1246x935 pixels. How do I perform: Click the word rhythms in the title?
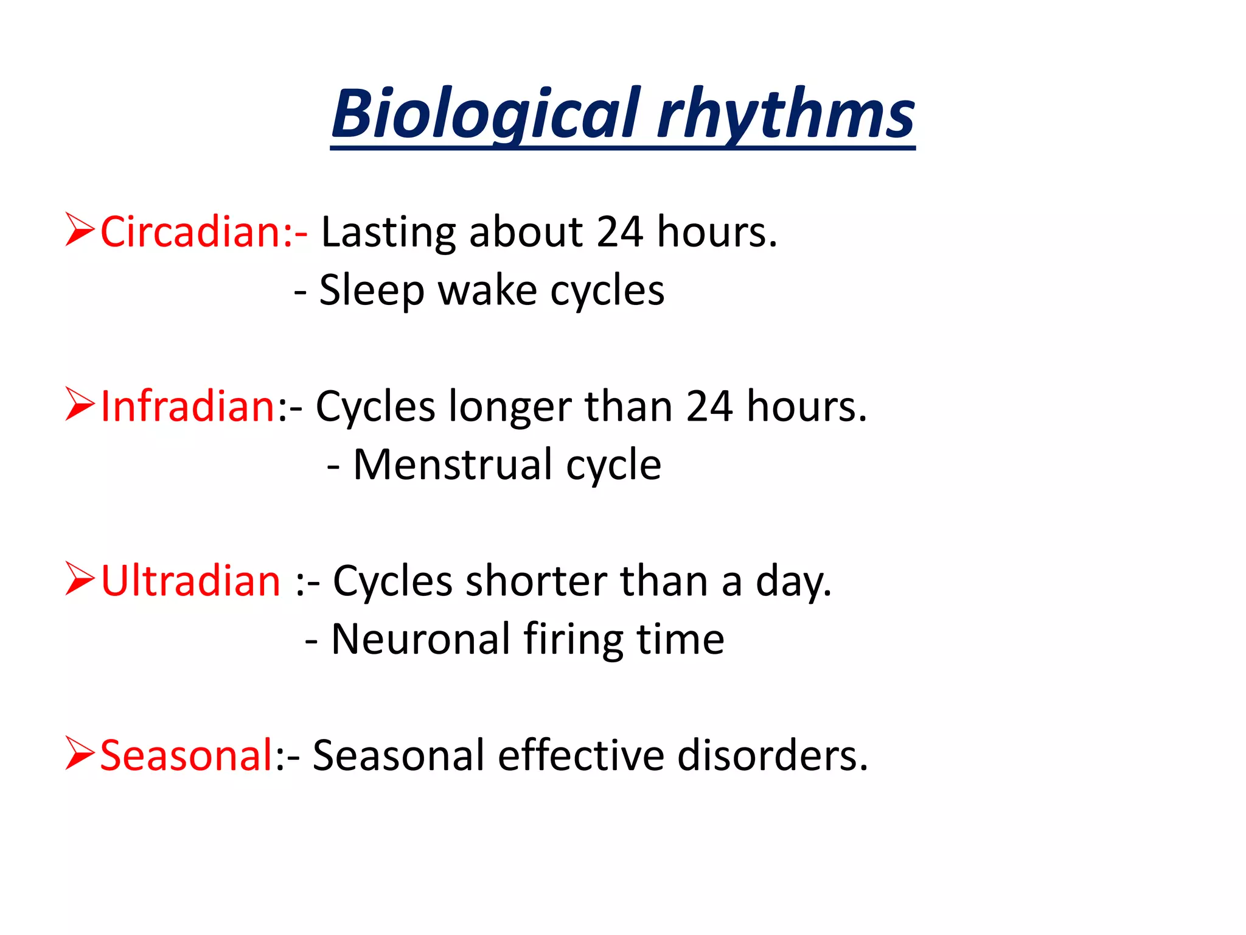pos(786,114)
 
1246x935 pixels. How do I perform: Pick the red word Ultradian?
pos(190,581)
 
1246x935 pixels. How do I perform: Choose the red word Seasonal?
pos(187,756)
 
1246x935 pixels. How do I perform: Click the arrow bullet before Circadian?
pos(80,229)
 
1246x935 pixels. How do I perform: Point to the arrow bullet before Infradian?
pos(80,404)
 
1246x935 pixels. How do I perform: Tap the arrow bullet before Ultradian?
pos(80,579)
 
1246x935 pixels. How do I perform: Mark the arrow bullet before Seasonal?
pos(80,753)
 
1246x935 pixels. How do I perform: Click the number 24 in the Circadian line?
pos(619,232)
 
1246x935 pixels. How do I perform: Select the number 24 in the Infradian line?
pos(709,407)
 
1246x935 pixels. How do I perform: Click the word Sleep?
pos(372,291)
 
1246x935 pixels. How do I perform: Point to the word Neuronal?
pos(420,640)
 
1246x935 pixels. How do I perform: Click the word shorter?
pos(536,581)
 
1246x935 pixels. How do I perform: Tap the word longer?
pos(510,407)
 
